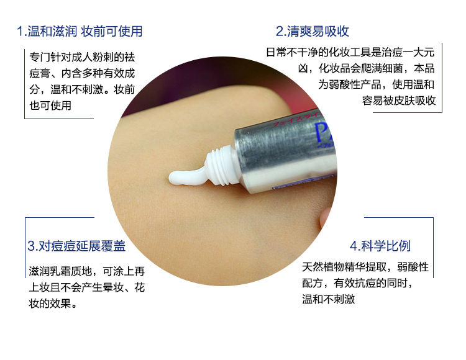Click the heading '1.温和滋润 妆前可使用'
coord(80,31)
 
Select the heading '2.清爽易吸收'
coord(313,31)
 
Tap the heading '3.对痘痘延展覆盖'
coord(76,246)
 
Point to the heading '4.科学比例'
coord(380,246)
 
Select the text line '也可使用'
coord(50,106)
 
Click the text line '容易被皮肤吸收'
coord(399,101)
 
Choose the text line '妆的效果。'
coord(53,304)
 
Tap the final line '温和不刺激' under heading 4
coord(329,299)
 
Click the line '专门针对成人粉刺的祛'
coord(82,57)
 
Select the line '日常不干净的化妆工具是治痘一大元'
coord(350,52)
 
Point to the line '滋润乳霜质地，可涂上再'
coord(87,271)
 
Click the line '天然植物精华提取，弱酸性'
coord(365,267)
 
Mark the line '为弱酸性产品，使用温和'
coord(377,84)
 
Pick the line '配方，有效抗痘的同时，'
coord(357,283)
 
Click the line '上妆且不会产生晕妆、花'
coord(87,287)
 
